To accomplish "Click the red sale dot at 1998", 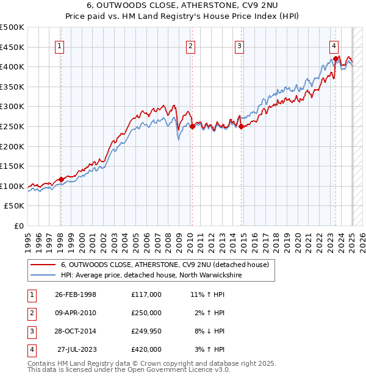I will click(x=61, y=179).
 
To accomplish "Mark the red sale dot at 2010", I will click(x=192, y=127).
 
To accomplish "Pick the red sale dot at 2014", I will click(x=241, y=127).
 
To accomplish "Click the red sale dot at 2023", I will click(x=335, y=59).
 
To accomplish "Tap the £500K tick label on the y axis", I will click(x=12, y=27).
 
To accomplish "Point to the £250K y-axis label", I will click(x=12, y=127).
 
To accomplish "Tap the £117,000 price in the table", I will click(x=146, y=294).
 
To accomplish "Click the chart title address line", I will click(x=183, y=6).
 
